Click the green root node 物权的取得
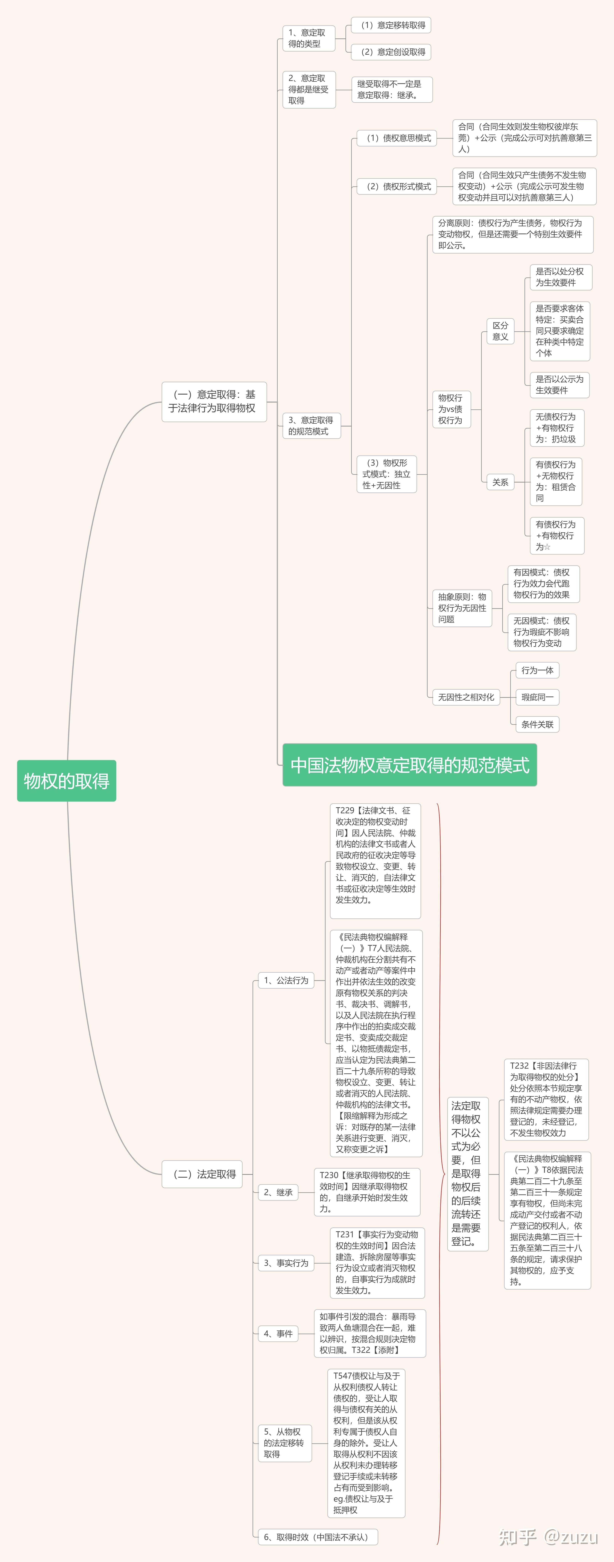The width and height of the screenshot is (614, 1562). [66, 780]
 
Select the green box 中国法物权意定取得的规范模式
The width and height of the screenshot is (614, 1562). [410, 765]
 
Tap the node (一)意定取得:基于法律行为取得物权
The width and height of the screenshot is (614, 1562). [214, 401]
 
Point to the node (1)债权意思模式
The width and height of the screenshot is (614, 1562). [396, 138]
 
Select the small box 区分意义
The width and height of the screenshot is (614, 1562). [500, 331]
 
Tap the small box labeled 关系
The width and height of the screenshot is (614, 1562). [500, 482]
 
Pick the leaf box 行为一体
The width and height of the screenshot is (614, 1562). [537, 670]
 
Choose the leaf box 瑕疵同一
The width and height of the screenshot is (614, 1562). [537, 697]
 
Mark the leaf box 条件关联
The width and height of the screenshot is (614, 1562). [537, 724]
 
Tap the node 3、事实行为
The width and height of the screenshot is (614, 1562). [286, 1263]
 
